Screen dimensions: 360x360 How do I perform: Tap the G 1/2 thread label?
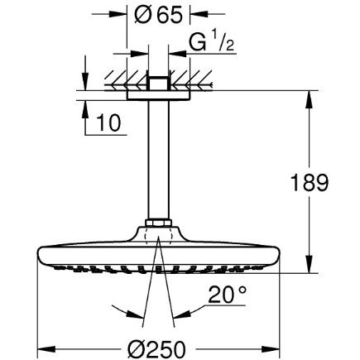pyautogui.click(x=212, y=42)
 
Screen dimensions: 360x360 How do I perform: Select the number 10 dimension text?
pyautogui.click(x=109, y=123)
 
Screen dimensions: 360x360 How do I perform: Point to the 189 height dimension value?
pyautogui.click(x=310, y=183)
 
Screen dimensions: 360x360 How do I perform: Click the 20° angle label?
pyautogui.click(x=227, y=295)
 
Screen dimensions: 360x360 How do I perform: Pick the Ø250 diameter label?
pyautogui.click(x=156, y=348)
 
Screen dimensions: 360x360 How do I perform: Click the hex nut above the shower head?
pyautogui.click(x=158, y=223)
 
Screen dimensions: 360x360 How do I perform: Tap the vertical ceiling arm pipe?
pyautogui.click(x=158, y=160)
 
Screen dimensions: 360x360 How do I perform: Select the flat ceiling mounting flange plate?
pyautogui.click(x=158, y=95)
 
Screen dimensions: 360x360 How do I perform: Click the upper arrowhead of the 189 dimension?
pyautogui.click(x=309, y=97)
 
